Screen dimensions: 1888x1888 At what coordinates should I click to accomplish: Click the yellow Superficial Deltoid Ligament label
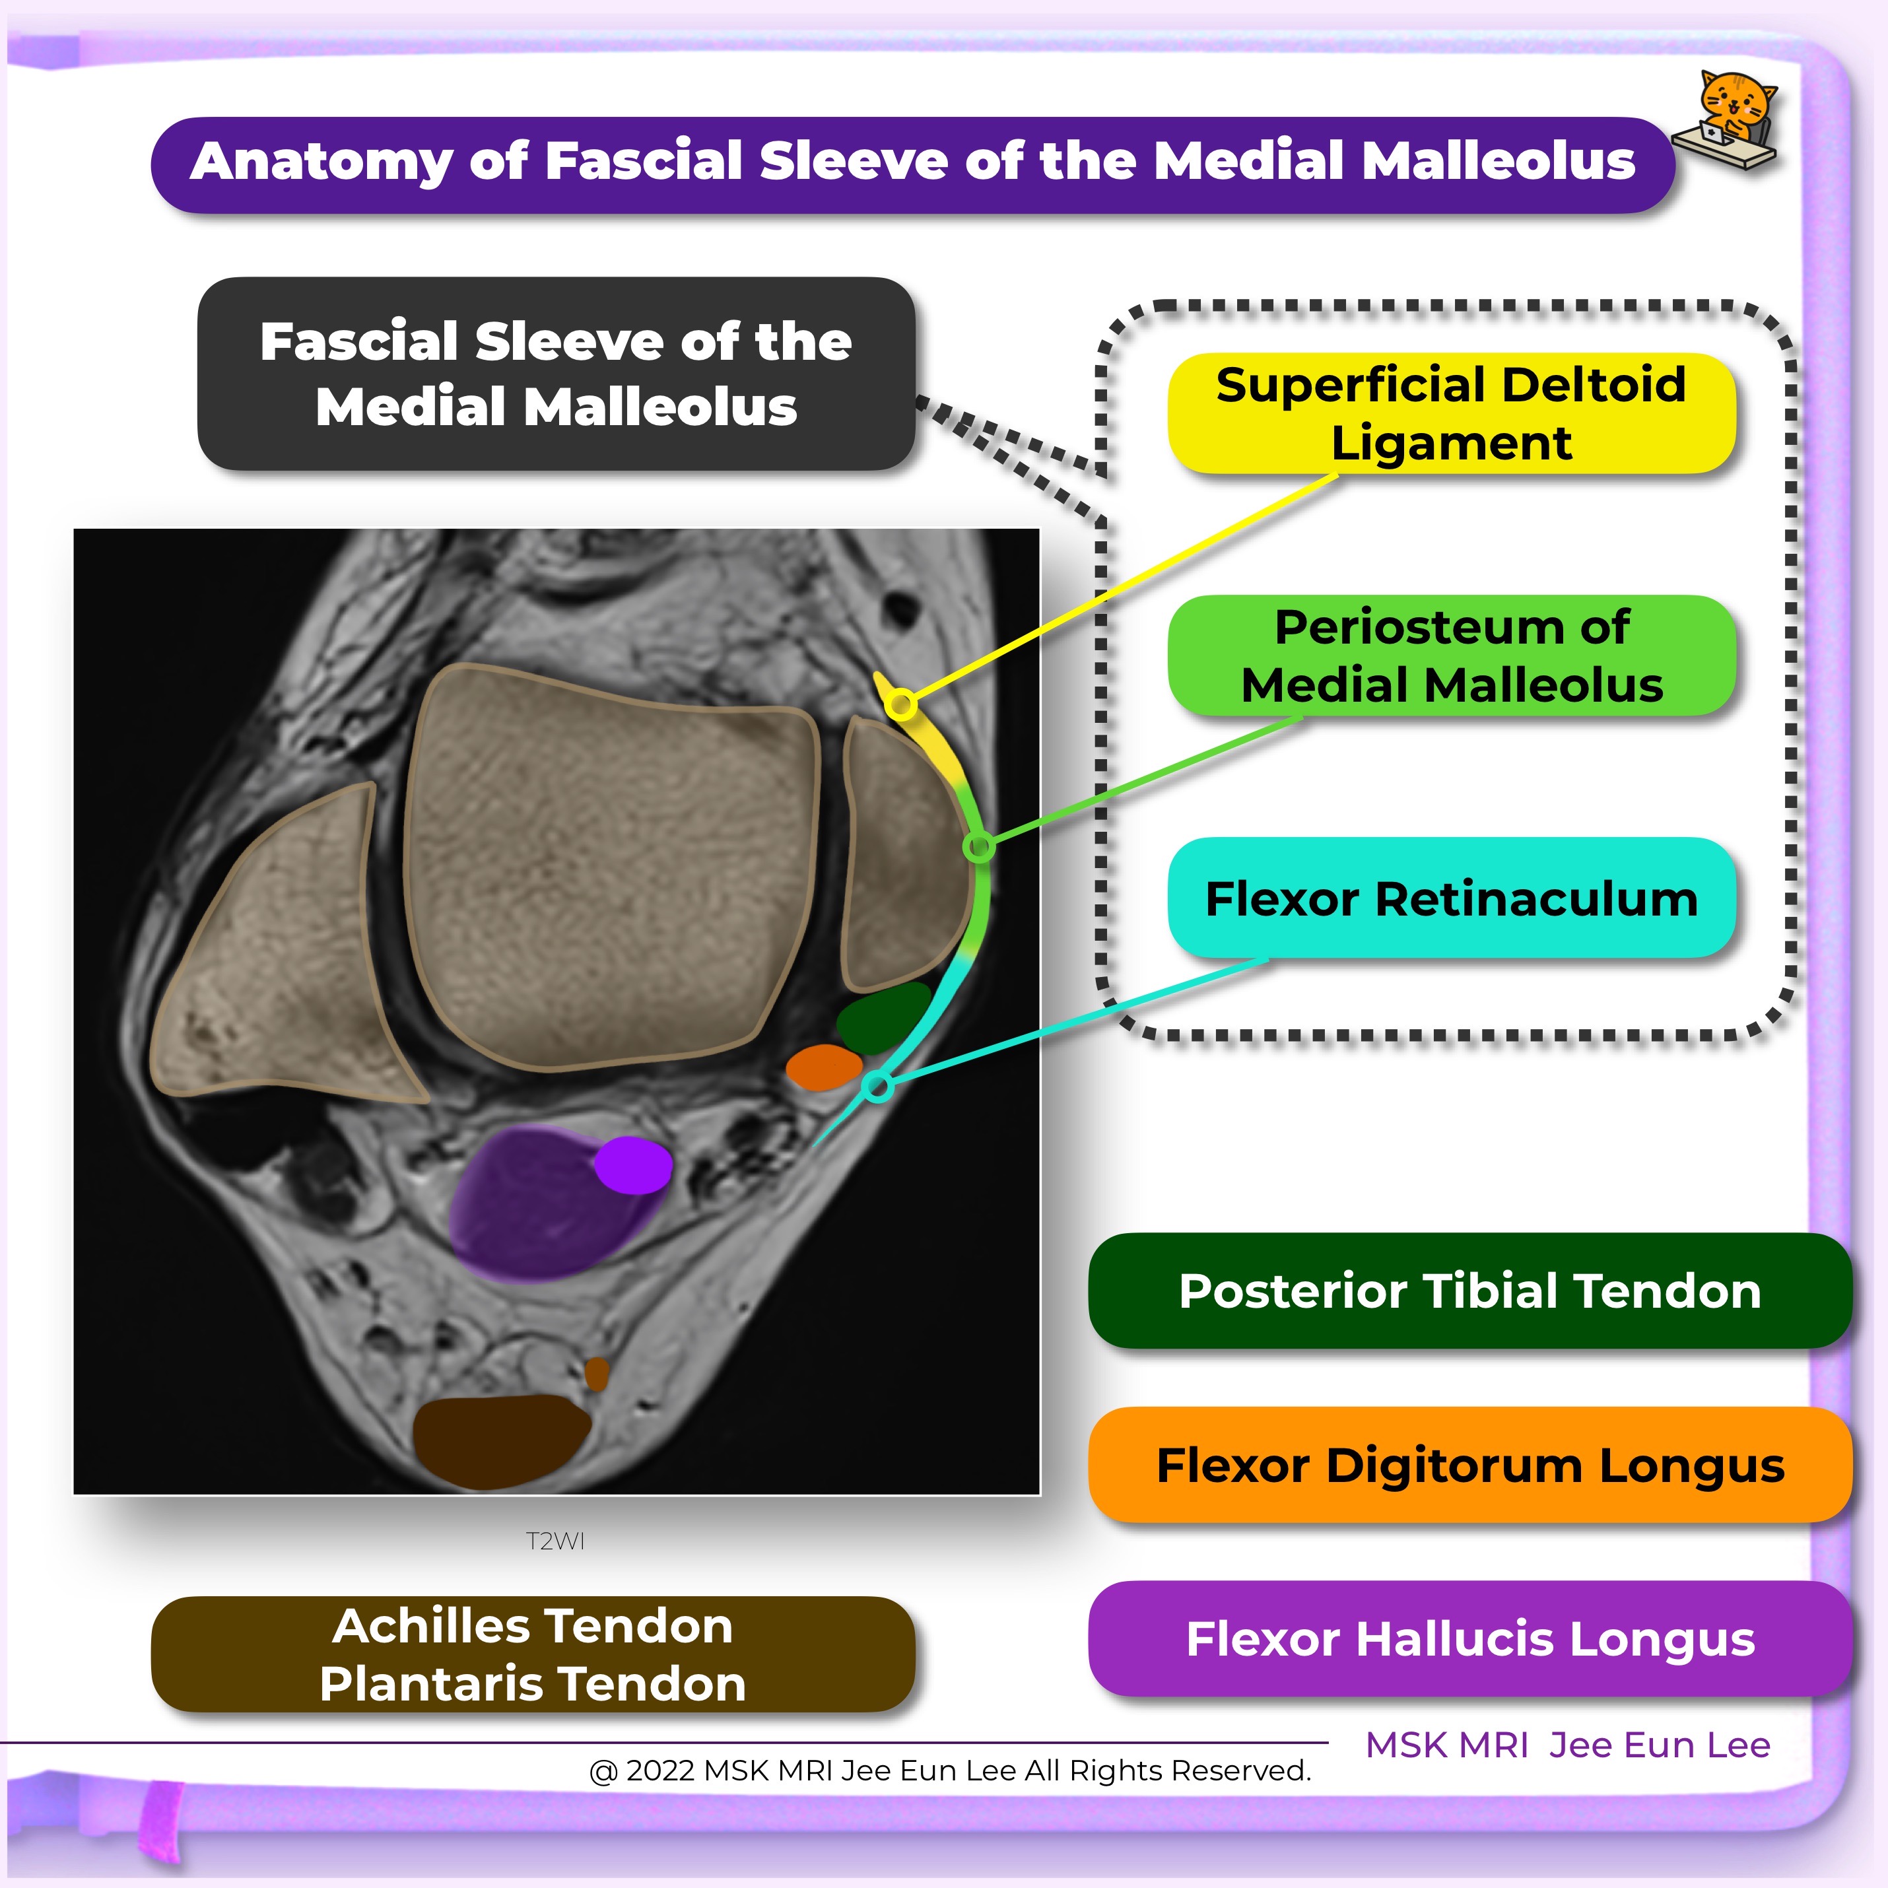1451,413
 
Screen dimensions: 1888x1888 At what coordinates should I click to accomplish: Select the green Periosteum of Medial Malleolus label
1451,656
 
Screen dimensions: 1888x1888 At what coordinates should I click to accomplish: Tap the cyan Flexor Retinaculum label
1451,898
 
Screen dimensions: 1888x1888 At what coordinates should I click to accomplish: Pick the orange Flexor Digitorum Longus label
1469,1464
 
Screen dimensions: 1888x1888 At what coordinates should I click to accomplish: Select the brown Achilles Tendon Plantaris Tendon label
533,1654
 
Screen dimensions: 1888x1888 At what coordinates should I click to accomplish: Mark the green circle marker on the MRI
978,846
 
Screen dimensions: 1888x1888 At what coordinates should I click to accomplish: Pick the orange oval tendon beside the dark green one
824,1067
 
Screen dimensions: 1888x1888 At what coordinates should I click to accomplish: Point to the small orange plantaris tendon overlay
596,1374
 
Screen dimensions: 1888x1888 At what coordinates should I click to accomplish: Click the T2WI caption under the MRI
555,1541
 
